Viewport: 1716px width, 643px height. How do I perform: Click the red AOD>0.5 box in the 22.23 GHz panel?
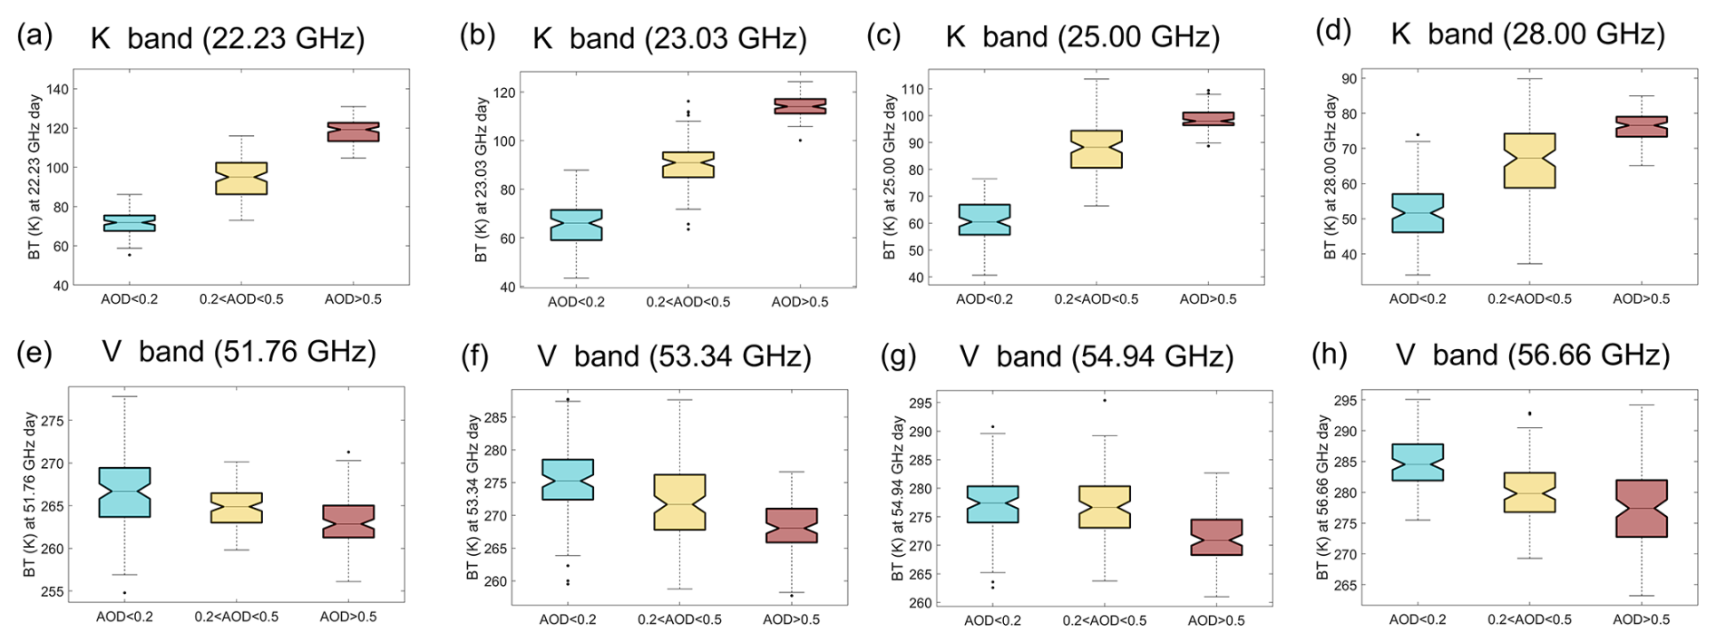(x=353, y=132)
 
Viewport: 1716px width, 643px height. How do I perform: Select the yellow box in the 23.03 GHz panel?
(x=687, y=164)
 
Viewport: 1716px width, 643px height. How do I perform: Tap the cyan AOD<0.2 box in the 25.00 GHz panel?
(x=984, y=219)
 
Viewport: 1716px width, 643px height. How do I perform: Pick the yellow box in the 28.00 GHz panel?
(x=1529, y=161)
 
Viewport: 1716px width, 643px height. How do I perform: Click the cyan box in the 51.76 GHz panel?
(x=124, y=492)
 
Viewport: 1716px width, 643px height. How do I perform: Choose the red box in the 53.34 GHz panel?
(x=791, y=525)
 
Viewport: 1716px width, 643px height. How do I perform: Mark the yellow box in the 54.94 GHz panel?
(x=1104, y=507)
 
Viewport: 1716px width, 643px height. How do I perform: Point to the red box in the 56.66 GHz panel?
(x=1641, y=508)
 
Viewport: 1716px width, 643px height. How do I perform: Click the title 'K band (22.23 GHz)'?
(x=228, y=38)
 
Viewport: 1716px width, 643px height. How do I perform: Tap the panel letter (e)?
(x=34, y=352)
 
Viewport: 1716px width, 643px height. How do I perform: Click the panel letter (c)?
(x=883, y=36)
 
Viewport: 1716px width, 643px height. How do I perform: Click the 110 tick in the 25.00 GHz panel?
(x=912, y=90)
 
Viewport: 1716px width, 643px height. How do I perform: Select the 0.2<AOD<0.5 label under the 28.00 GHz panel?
(x=1529, y=299)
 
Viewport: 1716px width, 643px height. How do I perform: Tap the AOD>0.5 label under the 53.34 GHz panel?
(x=791, y=619)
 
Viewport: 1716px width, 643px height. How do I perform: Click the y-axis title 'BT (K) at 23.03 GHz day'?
(x=482, y=180)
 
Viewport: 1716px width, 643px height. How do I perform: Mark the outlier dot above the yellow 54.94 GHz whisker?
(x=1104, y=400)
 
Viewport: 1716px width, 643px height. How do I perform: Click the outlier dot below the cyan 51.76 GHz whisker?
(x=124, y=593)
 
